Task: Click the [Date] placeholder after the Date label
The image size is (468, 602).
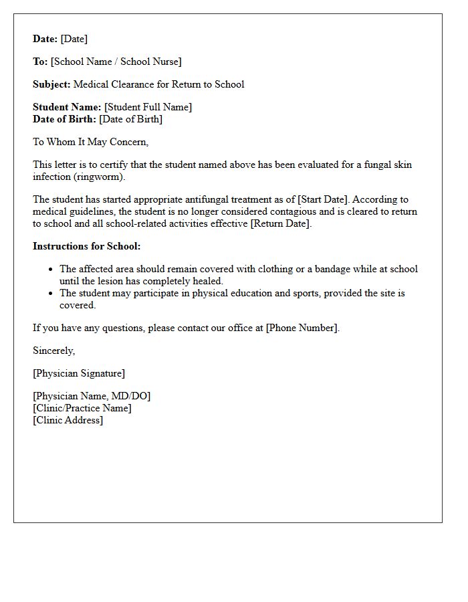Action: click(74, 39)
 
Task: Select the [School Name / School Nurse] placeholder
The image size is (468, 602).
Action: click(116, 62)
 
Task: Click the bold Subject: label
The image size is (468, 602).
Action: click(51, 84)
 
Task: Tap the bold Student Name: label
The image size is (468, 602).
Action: click(67, 107)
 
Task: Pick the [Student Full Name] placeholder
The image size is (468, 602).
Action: click(148, 107)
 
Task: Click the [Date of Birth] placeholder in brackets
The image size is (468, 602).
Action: click(130, 119)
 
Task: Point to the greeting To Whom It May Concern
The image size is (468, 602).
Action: click(90, 142)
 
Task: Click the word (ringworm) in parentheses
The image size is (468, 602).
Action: click(98, 177)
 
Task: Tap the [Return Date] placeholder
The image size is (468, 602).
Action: click(281, 223)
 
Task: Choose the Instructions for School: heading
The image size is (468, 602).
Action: click(87, 246)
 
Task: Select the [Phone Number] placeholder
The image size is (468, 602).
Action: click(302, 328)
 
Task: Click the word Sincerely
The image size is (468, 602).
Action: click(54, 350)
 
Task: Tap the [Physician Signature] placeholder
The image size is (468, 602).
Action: click(79, 373)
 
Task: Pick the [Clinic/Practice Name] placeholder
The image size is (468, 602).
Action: click(82, 408)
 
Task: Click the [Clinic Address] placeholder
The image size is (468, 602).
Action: click(68, 420)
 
